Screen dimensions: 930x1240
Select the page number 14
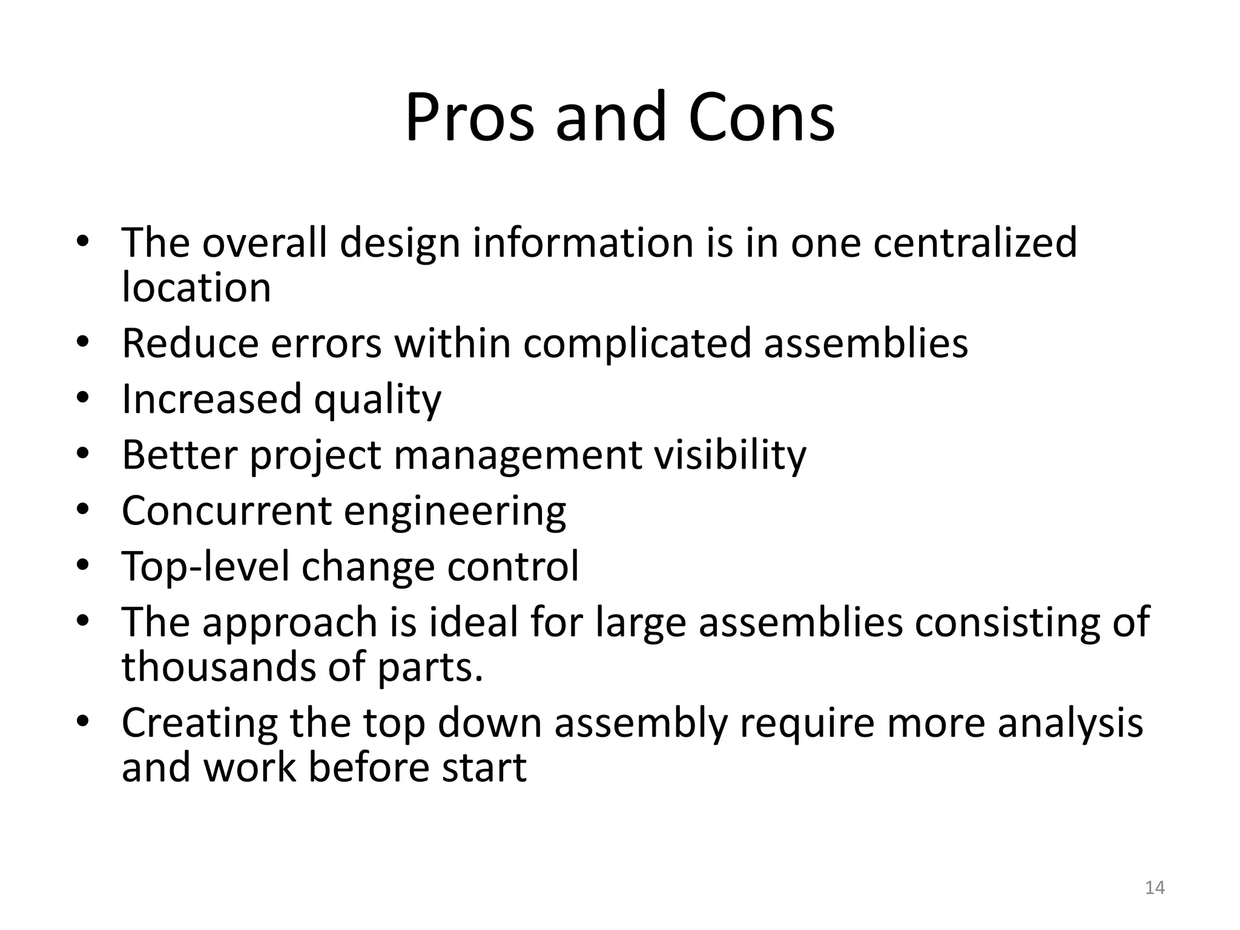pyautogui.click(x=1155, y=888)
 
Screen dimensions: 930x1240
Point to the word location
pyautogui.click(x=196, y=287)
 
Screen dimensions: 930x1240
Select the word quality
pyautogui.click(x=378, y=400)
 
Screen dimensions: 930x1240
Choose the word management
pyautogui.click(x=518, y=455)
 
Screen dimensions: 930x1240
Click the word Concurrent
pyautogui.click(x=226, y=510)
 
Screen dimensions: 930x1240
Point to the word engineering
pyautogui.click(x=455, y=512)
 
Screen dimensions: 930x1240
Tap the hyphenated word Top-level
pyautogui.click(x=206, y=567)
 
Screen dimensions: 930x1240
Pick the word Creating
pyautogui.click(x=199, y=723)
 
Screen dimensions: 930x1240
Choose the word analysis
pyautogui.click(x=1070, y=723)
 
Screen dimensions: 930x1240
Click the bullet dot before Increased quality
pyautogui.click(x=83, y=398)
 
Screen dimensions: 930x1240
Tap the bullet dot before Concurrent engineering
pyautogui.click(x=83, y=509)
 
